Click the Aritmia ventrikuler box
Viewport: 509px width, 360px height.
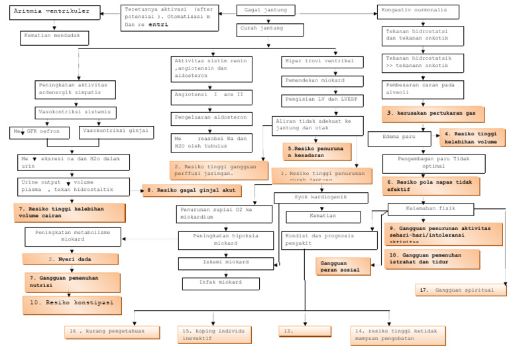pos(54,12)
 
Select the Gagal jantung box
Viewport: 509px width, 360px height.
pos(265,11)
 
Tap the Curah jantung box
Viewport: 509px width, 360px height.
pos(270,29)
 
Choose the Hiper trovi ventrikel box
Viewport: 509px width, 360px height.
pos(322,62)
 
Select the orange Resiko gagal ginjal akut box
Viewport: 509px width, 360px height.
pos(192,190)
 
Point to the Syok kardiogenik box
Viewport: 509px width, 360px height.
pos(321,198)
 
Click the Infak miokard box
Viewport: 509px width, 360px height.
pos(221,283)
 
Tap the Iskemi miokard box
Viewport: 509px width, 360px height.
pos(225,263)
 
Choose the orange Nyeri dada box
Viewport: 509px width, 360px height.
pos(70,259)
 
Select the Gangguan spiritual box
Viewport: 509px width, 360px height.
pos(461,290)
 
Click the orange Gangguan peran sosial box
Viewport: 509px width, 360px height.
pos(342,266)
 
